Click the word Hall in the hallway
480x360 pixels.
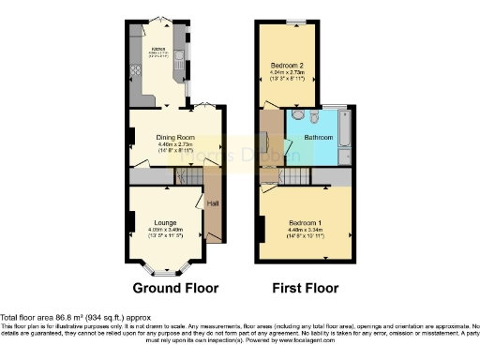[212, 202]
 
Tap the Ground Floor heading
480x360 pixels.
[175, 288]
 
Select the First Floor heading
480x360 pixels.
[306, 288]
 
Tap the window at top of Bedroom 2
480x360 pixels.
[292, 21]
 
